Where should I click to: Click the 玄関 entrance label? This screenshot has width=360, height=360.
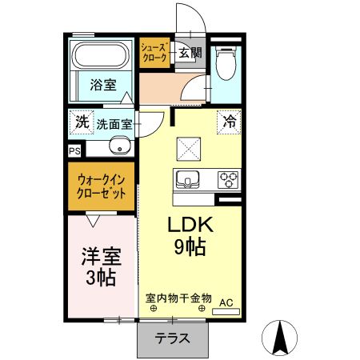(x=190, y=54)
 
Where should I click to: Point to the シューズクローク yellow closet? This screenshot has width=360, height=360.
(x=154, y=53)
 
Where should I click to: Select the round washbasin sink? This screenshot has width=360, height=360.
(x=119, y=146)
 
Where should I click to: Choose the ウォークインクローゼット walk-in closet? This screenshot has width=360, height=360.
(x=101, y=186)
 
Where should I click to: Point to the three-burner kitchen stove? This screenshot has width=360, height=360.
(x=226, y=178)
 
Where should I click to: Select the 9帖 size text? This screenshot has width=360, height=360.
(x=190, y=246)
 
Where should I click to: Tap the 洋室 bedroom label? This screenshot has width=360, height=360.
(x=101, y=258)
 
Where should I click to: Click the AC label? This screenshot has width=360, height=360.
(x=226, y=301)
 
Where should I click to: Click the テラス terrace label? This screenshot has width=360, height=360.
(x=173, y=338)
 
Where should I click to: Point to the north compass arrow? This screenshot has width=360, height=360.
(x=281, y=336)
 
